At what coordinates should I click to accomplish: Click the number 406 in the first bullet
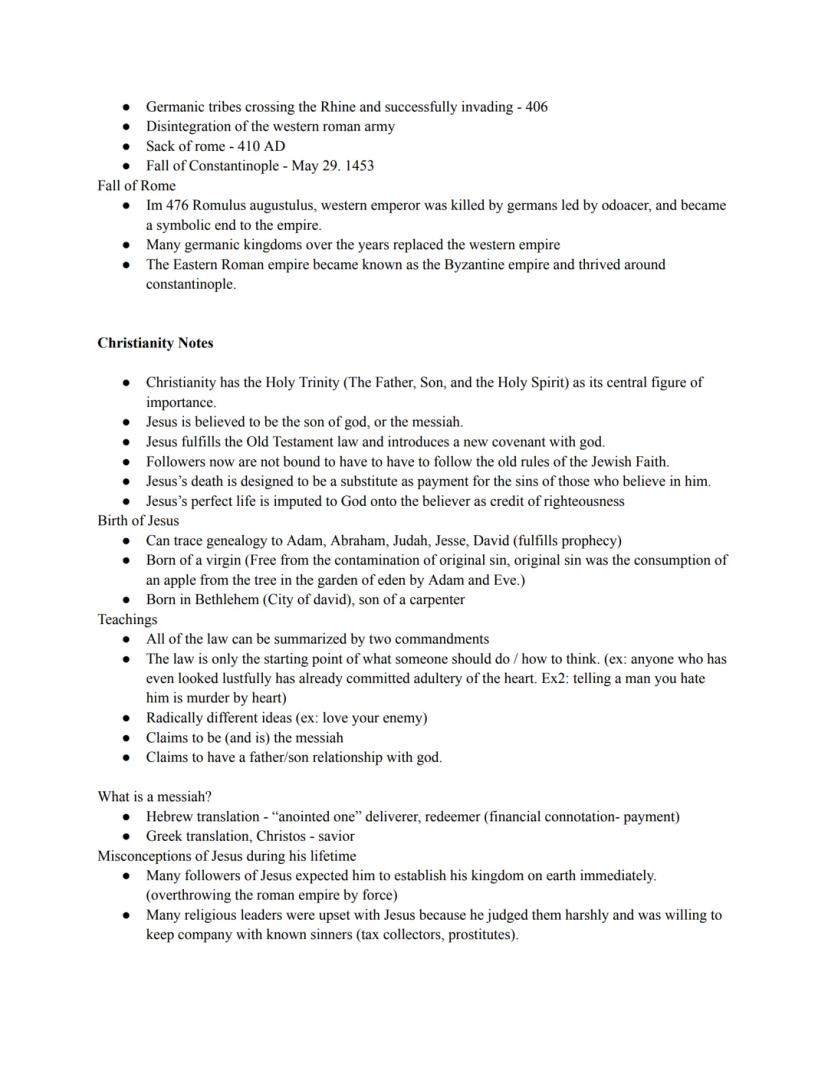click(x=535, y=107)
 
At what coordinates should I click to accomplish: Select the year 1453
click(x=358, y=166)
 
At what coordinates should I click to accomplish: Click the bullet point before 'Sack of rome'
click(x=126, y=146)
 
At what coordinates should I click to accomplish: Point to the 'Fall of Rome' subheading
click(x=136, y=186)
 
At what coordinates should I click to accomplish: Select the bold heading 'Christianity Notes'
click(x=155, y=343)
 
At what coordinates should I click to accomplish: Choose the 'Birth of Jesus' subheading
click(x=138, y=521)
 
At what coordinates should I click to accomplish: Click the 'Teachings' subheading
click(x=127, y=620)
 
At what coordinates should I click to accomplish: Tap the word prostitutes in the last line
click(x=480, y=935)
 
